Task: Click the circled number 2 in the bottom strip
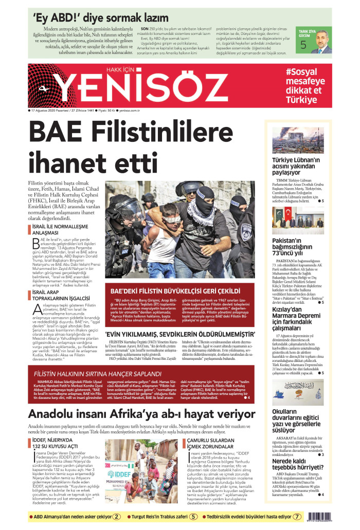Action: coord(117,517)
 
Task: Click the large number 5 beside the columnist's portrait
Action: coord(303,45)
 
